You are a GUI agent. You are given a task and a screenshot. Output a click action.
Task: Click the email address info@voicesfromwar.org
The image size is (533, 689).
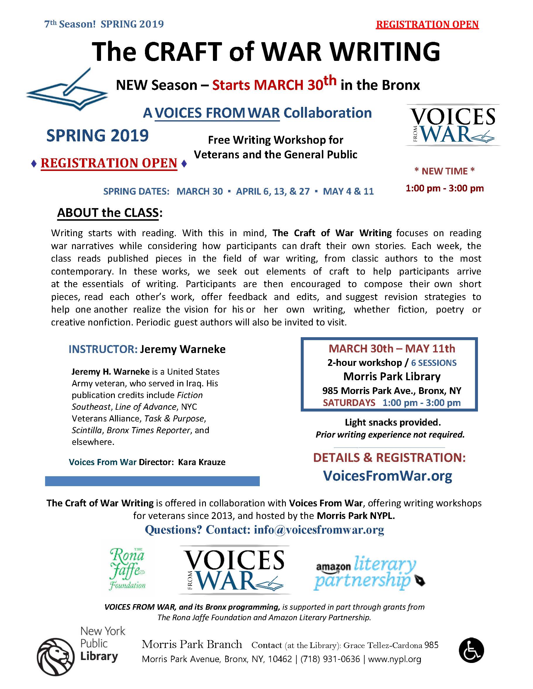click(319, 530)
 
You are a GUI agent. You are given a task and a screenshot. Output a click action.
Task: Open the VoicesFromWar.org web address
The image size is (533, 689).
click(387, 476)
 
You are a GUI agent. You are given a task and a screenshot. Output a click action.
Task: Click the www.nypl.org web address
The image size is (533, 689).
click(394, 659)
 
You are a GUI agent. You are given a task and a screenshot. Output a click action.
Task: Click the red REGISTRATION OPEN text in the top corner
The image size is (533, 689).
click(427, 25)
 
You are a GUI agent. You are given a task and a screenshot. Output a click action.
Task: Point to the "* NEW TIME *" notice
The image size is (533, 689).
click(444, 171)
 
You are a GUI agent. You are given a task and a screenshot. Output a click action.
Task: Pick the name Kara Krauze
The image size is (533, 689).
click(202, 462)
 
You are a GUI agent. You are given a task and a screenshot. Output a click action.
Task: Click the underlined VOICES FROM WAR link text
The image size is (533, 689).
click(217, 113)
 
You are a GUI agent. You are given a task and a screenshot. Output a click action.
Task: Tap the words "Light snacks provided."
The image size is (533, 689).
click(392, 422)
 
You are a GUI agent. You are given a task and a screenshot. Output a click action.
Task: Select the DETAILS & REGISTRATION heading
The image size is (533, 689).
click(389, 457)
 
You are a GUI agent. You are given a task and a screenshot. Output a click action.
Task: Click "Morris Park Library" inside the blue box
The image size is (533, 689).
click(392, 376)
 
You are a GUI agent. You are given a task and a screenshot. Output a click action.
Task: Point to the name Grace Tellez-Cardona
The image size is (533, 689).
click(383, 645)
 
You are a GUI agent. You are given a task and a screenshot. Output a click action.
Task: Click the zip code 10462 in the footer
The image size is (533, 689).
click(280, 659)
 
